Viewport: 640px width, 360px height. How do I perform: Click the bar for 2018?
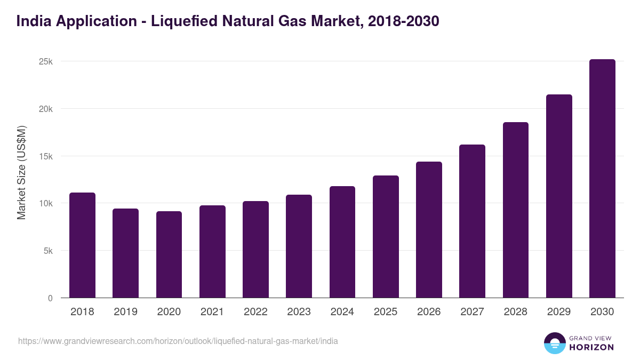coord(82,245)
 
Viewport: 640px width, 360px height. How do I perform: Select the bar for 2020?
coord(169,254)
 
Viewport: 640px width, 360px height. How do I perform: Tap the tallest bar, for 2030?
coord(602,179)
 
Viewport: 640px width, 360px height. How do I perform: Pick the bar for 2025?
coord(386,237)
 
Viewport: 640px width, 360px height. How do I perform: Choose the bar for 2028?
coord(515,210)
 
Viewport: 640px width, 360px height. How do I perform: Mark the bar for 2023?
coord(299,246)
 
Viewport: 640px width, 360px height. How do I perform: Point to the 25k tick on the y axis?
coord(46,62)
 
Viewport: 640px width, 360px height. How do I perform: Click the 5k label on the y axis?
coord(48,251)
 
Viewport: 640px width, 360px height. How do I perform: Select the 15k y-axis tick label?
coord(46,156)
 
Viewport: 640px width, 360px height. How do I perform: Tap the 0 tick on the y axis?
coord(50,298)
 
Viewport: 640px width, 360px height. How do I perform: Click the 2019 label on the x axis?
coord(125,312)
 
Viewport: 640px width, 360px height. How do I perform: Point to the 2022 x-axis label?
coord(255,312)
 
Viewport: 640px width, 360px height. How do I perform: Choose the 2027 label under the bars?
coord(472,312)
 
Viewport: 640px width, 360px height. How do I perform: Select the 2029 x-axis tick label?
coord(559,312)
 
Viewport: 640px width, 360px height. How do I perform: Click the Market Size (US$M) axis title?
coord(21,172)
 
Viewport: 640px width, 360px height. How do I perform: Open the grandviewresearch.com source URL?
coord(178,341)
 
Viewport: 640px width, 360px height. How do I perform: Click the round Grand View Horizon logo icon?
coord(554,343)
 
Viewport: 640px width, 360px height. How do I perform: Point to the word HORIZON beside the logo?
coord(591,347)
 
